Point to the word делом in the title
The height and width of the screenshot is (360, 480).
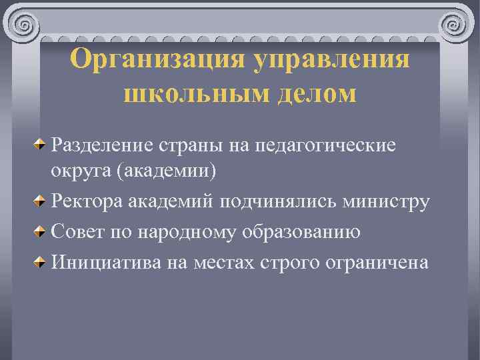pos(313,94)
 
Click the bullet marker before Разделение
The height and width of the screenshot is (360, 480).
pos(41,144)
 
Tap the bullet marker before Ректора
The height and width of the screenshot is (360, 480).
pos(41,201)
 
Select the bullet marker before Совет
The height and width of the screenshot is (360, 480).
pos(41,232)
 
